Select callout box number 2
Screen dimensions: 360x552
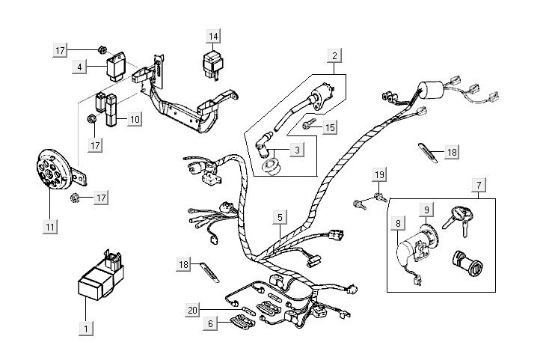click(335, 55)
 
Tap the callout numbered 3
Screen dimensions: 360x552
click(297, 150)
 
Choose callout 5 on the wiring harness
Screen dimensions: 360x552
click(280, 218)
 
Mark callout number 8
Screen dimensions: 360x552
click(398, 222)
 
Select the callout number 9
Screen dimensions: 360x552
click(426, 211)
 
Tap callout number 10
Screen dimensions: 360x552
click(134, 118)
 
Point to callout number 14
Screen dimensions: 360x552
click(214, 36)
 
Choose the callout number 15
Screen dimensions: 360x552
click(331, 128)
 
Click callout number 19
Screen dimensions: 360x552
click(379, 176)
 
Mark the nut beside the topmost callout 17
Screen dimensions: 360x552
click(100, 50)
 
